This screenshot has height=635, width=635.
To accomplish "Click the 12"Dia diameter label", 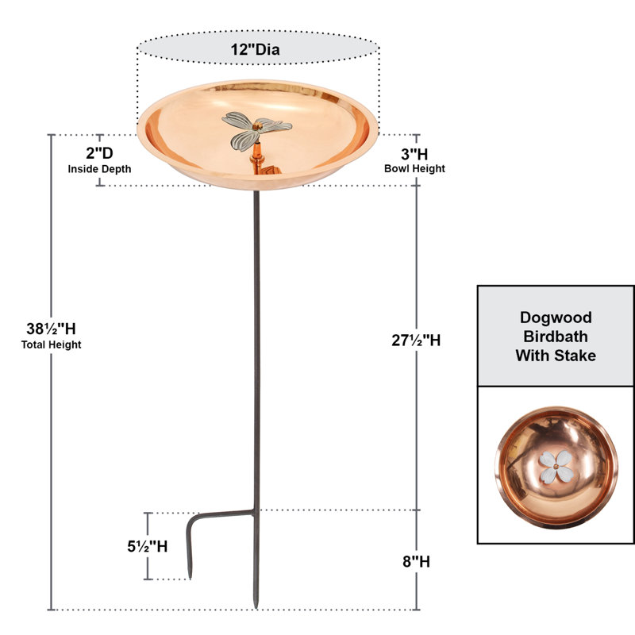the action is [x=255, y=49].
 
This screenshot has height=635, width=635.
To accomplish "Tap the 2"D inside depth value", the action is [x=99, y=153].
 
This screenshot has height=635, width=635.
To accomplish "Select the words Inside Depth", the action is [x=100, y=169].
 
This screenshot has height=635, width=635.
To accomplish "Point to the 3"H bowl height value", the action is [x=414, y=154].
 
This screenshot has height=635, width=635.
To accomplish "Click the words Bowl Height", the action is [x=414, y=168].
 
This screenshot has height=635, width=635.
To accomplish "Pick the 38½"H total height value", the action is [x=51, y=329].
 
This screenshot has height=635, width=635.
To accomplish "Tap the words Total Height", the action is [x=51, y=344].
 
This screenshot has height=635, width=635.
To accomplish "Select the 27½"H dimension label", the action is [x=416, y=341].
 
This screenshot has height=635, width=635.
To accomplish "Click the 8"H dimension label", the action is [x=416, y=562].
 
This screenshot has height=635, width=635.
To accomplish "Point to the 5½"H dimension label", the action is [x=148, y=546].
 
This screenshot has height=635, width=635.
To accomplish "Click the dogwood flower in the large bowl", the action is [x=256, y=129].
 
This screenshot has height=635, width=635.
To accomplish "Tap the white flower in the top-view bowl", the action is [x=556, y=467].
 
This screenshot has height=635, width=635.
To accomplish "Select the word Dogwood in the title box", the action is [x=556, y=317].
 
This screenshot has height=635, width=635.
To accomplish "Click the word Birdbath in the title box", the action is [x=556, y=337].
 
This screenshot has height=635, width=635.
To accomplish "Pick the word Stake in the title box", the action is [x=575, y=356].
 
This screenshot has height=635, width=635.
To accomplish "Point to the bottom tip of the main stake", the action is [x=256, y=607].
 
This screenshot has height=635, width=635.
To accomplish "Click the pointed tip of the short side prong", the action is [x=190, y=579].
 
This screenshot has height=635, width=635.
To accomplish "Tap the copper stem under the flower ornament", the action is [x=256, y=156].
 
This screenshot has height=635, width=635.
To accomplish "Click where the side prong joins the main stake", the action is [x=255, y=512].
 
